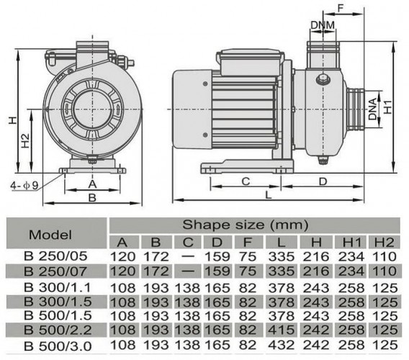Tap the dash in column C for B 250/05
[187, 255]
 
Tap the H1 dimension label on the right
[388, 107]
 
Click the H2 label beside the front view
[25, 141]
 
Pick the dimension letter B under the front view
[92, 196]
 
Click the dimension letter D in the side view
[324, 180]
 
